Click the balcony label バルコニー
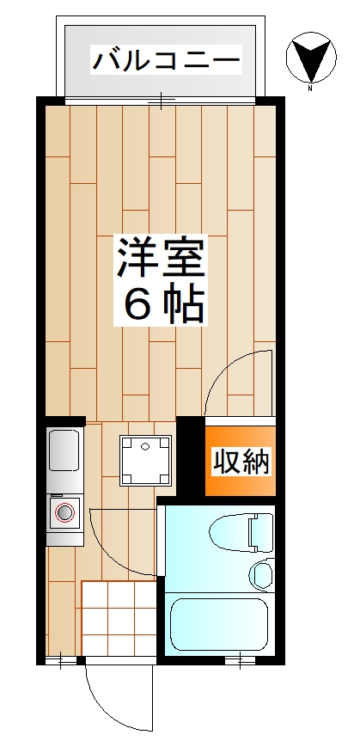point(166,62)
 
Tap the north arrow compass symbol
point(309,58)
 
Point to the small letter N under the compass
point(309,87)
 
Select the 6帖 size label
point(162,303)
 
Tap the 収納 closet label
point(241,462)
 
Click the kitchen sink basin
point(65,450)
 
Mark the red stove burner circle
point(64,513)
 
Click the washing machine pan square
point(143,458)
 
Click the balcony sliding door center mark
point(161,101)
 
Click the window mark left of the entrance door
point(61,661)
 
